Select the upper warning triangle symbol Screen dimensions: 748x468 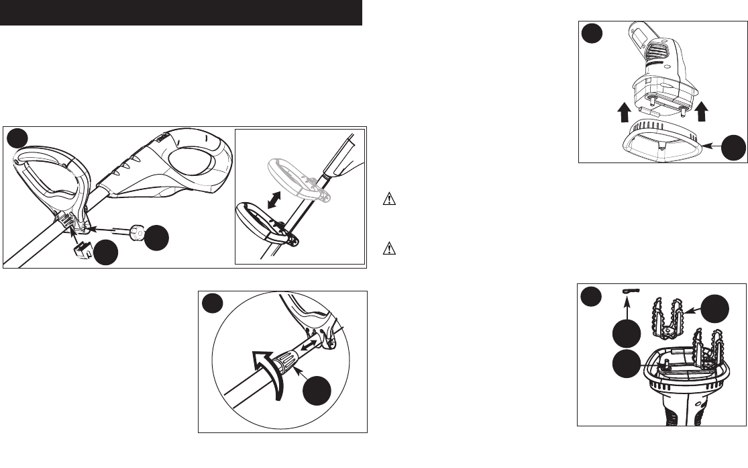[386, 199]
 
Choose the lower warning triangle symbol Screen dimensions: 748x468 [386, 248]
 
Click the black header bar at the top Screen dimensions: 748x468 [181, 13]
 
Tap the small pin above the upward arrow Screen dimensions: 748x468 [631, 291]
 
